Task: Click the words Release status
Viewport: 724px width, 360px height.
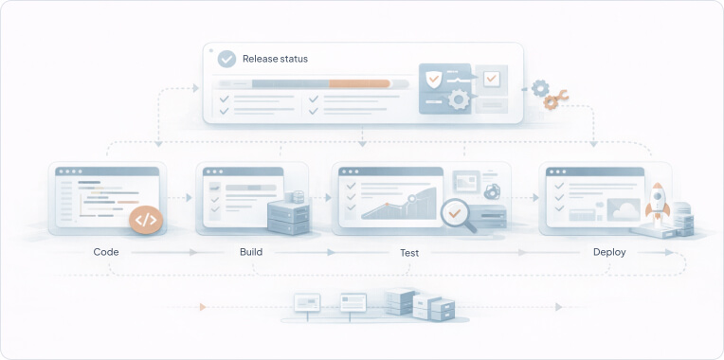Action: click(x=275, y=59)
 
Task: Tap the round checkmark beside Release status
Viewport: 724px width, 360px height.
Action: click(x=226, y=59)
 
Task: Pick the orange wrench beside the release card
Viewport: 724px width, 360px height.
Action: click(x=555, y=99)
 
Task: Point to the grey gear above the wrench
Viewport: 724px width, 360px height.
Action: click(x=540, y=87)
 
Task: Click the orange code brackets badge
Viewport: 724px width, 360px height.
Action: click(x=145, y=220)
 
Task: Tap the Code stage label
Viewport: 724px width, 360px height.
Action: click(x=105, y=252)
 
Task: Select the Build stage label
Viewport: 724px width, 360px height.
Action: click(x=250, y=252)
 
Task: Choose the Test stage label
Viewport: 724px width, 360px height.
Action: click(x=409, y=253)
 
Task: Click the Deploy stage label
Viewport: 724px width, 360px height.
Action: click(x=608, y=252)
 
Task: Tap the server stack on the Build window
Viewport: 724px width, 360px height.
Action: click(x=289, y=215)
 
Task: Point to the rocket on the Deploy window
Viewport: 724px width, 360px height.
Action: click(x=656, y=200)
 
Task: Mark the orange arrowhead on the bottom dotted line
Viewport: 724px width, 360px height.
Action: click(x=203, y=306)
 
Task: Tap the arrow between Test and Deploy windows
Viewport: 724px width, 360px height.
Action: click(x=534, y=198)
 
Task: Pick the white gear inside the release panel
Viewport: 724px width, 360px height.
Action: click(x=460, y=99)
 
